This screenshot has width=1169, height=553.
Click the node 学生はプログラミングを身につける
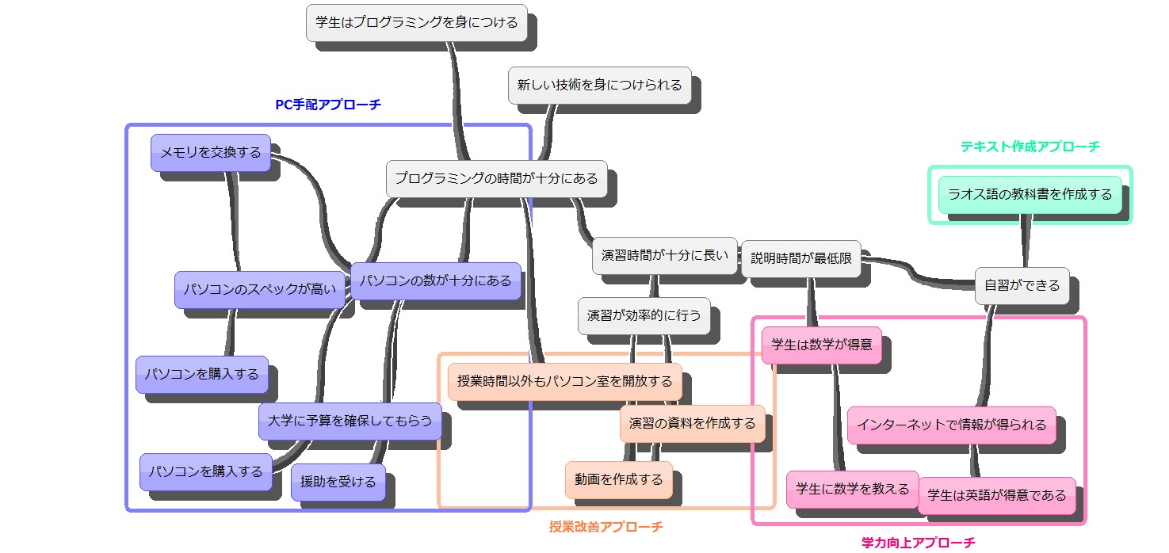(x=417, y=22)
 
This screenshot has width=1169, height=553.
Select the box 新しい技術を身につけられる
(x=599, y=85)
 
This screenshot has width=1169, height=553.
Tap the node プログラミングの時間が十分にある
(x=496, y=178)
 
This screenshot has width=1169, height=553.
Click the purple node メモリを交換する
(x=211, y=153)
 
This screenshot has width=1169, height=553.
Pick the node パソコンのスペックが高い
(x=260, y=290)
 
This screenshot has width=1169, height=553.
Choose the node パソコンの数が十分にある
(x=436, y=281)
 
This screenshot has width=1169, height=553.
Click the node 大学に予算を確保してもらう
(x=350, y=421)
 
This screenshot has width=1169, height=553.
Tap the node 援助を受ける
(x=338, y=482)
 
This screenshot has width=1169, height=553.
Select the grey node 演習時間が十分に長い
(x=664, y=255)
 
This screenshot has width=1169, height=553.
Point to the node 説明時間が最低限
(x=800, y=258)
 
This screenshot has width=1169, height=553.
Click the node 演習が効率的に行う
(x=644, y=315)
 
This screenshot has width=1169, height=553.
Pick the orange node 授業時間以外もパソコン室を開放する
(x=564, y=381)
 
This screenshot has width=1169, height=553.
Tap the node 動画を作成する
(x=618, y=479)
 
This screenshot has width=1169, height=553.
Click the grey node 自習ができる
(x=1022, y=285)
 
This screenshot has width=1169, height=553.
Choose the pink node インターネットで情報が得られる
(x=951, y=425)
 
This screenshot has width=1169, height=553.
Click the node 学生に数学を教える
(x=852, y=489)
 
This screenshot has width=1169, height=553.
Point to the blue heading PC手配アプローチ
(x=327, y=105)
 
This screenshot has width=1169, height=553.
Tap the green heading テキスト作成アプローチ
(x=1030, y=147)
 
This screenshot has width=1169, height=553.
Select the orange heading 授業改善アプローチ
(x=606, y=526)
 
